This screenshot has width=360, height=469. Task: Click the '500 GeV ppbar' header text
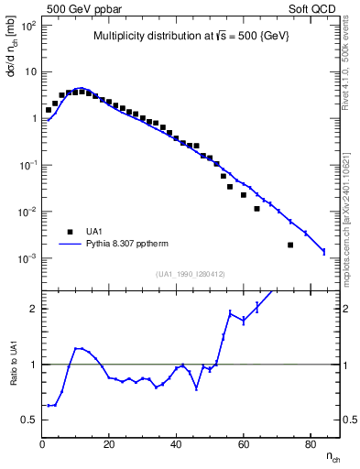click(81, 7)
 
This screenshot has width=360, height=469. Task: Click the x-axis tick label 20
click(109, 444)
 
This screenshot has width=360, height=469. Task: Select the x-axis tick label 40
click(176, 444)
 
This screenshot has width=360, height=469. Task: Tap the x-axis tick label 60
click(243, 444)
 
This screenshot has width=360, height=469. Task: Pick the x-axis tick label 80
click(310, 444)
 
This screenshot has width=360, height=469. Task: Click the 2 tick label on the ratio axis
click(33, 309)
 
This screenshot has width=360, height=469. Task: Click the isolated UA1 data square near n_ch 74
click(290, 245)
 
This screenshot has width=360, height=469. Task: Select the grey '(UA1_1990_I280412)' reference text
click(191, 274)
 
